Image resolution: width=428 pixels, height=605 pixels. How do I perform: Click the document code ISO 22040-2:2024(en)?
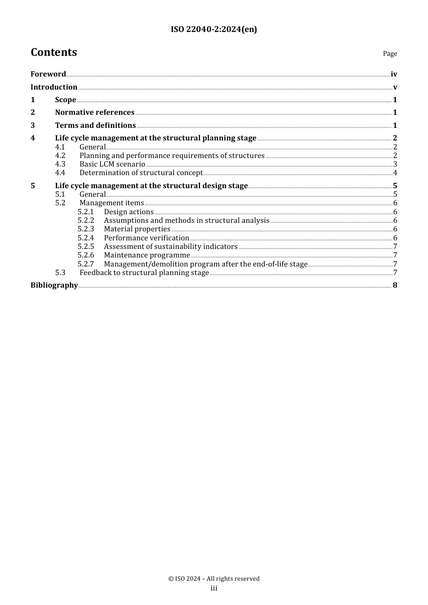214,30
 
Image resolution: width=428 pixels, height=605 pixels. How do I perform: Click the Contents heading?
54,53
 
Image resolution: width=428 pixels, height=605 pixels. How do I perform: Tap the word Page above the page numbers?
390,54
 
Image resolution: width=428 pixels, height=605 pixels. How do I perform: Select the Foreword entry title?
48,74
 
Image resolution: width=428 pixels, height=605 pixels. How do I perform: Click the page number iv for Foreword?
394,74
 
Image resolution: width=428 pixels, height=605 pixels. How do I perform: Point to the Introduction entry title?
54,87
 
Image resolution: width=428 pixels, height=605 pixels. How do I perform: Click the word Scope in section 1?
65,100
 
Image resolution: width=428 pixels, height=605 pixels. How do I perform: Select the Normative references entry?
95,113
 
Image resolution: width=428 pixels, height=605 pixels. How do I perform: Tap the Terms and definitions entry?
96,126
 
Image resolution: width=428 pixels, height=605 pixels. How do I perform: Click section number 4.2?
60,156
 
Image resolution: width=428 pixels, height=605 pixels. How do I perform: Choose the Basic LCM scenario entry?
112,164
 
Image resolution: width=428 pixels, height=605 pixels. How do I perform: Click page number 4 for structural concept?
395,173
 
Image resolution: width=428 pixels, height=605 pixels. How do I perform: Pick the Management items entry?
112,203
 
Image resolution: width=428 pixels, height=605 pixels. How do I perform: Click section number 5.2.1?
86,212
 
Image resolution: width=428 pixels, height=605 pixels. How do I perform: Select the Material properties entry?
137,229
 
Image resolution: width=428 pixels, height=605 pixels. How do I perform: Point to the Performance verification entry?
146,238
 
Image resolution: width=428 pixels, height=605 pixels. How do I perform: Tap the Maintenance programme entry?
147,255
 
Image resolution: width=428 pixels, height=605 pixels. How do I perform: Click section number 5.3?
60,273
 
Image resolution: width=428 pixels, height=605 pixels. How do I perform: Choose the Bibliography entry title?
54,285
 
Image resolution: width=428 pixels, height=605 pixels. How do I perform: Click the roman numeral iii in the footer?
214,588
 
